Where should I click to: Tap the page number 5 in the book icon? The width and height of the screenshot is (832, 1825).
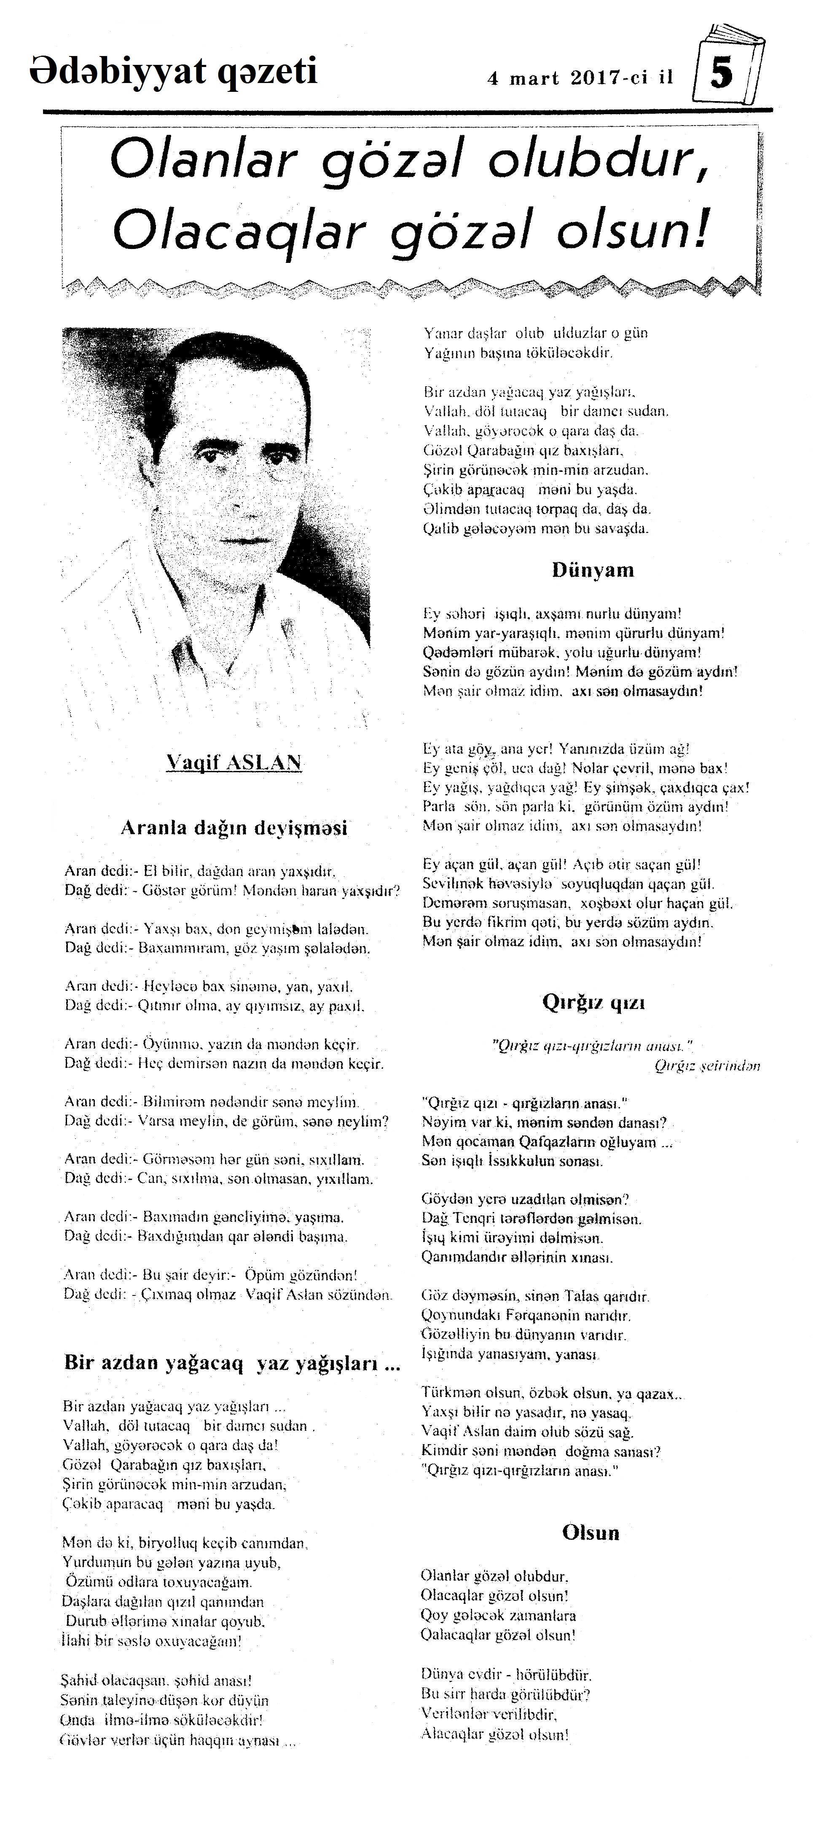coord(722,73)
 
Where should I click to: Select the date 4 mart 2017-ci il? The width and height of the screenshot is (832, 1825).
coord(580,78)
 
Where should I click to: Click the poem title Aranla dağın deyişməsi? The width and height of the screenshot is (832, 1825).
coord(234,827)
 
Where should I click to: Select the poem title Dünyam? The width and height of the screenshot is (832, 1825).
coord(593,570)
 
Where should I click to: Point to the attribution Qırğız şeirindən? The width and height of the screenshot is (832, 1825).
coord(707,1065)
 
